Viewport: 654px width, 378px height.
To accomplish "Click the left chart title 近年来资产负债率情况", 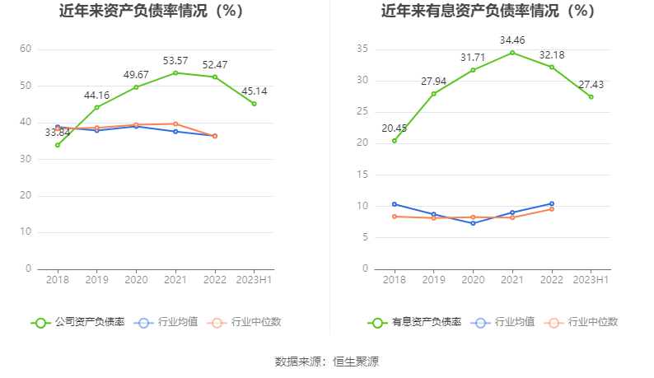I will (x=152, y=12).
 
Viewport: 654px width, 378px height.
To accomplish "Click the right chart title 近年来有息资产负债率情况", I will (x=488, y=12).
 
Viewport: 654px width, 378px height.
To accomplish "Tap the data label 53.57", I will (x=175, y=60).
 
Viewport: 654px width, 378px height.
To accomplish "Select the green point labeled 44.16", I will (x=96, y=107).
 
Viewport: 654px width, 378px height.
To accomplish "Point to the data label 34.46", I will (x=512, y=40).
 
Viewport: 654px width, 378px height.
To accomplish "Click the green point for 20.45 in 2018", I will (x=394, y=140).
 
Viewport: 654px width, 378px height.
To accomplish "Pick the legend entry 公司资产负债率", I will (x=78, y=322).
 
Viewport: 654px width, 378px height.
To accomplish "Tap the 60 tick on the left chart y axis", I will (x=26, y=49).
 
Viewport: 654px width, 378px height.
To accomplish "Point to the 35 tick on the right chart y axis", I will (x=362, y=49).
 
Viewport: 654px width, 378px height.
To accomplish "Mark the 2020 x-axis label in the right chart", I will (x=473, y=280).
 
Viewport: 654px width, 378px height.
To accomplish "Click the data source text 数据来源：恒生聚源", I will (x=327, y=362).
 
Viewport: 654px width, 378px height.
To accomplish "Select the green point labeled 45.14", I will (x=255, y=104).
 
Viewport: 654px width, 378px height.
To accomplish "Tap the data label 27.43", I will (x=591, y=85).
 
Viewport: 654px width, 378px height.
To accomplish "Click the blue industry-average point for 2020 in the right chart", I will (x=473, y=223).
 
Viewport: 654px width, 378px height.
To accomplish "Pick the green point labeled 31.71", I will (x=473, y=70).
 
